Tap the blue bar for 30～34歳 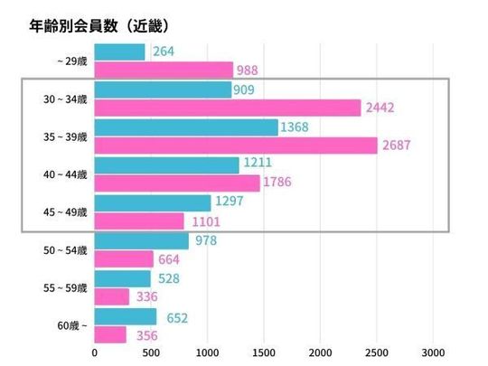163,90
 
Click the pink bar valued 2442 227,108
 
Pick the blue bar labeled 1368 185,127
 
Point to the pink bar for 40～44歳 177,183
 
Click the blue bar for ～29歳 119,52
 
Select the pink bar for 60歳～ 110,334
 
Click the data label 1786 280,183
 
